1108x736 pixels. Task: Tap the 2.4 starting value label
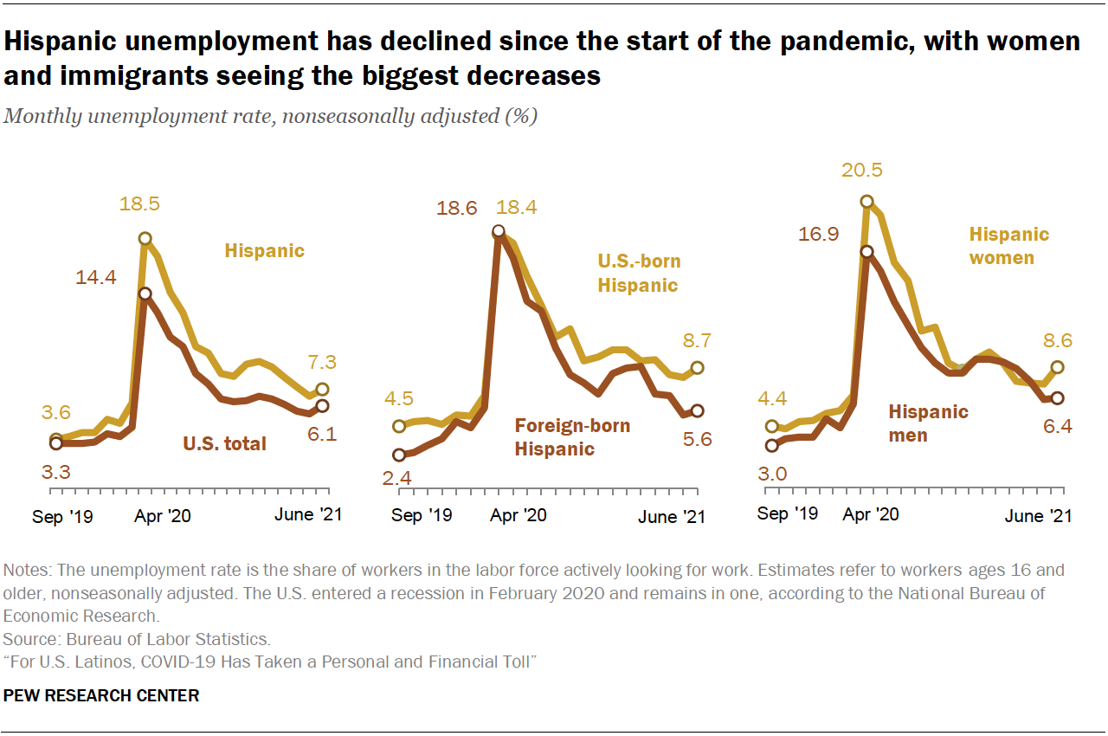click(397, 479)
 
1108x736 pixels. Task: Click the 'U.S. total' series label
click(224, 444)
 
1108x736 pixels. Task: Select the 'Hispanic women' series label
click(1008, 246)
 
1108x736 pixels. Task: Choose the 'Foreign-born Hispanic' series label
click(572, 437)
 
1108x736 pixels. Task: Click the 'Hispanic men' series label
click(928, 423)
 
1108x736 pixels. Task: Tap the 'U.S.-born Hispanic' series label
click(639, 273)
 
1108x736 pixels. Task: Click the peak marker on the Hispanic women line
click(866, 203)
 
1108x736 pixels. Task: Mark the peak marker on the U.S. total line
click(145, 294)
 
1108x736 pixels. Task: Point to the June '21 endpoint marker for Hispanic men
click(1057, 397)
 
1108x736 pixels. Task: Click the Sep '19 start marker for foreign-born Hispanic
click(399, 455)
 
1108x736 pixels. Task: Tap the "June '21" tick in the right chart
click(1037, 515)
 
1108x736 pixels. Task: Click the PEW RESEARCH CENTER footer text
click(101, 695)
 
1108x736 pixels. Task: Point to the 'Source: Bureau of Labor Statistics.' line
click(137, 640)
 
